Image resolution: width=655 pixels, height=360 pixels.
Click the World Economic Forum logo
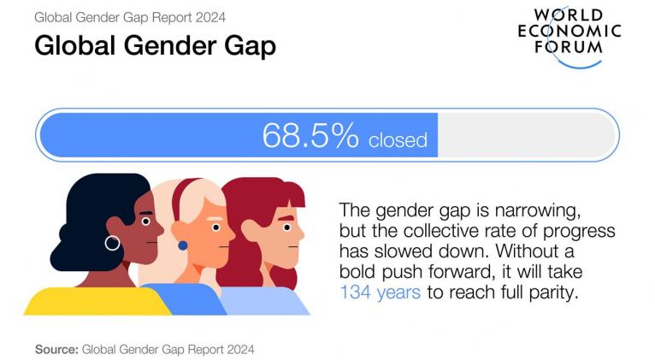[569, 36]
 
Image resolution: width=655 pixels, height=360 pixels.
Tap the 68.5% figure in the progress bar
[310, 135]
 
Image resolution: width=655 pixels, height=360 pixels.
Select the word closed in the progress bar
[398, 140]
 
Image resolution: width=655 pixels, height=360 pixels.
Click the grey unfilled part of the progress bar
[527, 135]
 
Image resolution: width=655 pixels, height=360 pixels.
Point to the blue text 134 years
[381, 292]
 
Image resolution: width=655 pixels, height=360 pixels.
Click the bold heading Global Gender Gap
[155, 45]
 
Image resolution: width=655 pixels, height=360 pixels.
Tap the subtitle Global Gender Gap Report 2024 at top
[130, 18]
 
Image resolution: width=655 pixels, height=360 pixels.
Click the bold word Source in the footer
[56, 349]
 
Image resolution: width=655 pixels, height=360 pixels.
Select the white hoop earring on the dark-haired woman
[112, 243]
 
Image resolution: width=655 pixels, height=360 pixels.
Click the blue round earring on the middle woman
[182, 245]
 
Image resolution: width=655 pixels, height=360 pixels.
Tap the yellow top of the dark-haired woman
[97, 302]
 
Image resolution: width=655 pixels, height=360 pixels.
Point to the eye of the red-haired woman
[286, 227]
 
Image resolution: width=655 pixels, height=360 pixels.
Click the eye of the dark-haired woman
[145, 221]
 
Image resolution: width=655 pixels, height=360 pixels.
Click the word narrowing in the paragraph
[538, 210]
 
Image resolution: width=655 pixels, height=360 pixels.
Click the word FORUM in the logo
[569, 46]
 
